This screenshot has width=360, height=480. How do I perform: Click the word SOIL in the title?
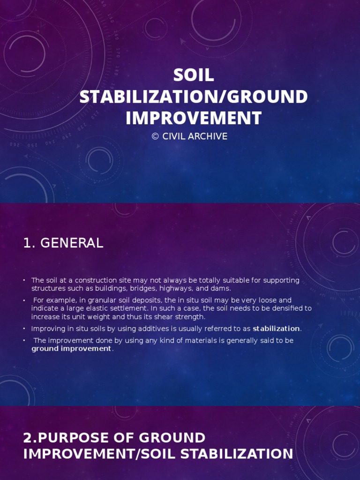pyautogui.click(x=194, y=75)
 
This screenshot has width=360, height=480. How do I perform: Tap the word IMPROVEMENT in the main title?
pyautogui.click(x=194, y=118)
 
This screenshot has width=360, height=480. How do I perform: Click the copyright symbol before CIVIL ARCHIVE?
pyautogui.click(x=155, y=136)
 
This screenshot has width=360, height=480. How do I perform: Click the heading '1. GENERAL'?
pyautogui.click(x=63, y=243)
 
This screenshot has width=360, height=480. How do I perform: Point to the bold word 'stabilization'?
pyautogui.click(x=276, y=329)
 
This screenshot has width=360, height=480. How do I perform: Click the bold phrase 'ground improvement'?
pyautogui.click(x=72, y=349)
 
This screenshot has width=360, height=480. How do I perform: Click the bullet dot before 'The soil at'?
pyautogui.click(x=24, y=280)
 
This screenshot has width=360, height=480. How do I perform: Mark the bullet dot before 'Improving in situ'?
pyautogui.click(x=24, y=329)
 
